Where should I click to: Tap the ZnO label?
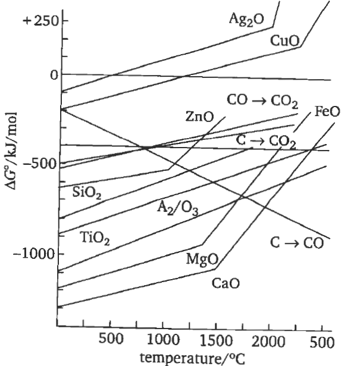[x=199, y=117]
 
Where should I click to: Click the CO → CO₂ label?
[x=262, y=100]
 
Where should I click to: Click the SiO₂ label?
[x=87, y=192]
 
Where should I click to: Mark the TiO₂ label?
[x=96, y=239]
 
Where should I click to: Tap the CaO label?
[x=226, y=283]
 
